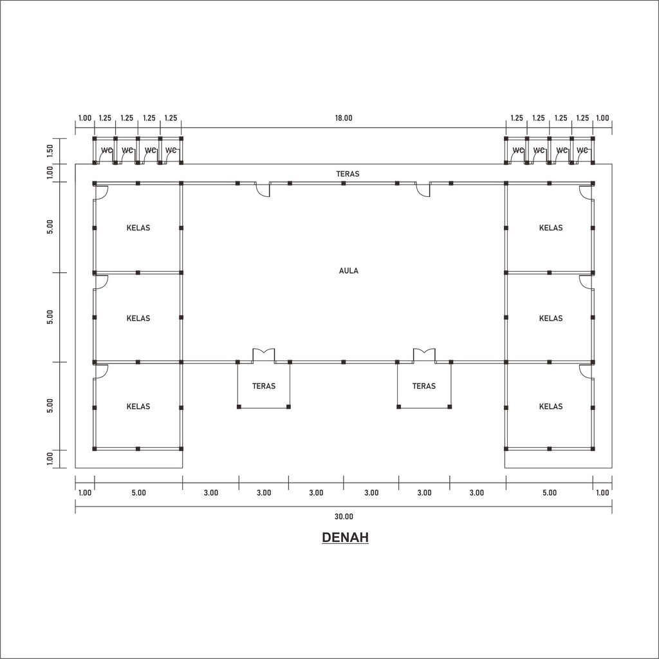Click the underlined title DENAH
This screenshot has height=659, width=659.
345,537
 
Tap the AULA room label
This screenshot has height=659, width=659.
348,271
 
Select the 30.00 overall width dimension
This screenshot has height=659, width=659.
344,517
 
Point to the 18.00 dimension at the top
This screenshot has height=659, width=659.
344,118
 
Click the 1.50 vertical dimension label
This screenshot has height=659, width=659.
50,151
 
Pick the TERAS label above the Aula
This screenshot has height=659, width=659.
348,174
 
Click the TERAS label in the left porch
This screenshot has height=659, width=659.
263,386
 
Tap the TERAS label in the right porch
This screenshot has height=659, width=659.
423,386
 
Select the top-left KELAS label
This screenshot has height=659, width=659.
138,228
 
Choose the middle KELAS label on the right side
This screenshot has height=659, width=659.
551,319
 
